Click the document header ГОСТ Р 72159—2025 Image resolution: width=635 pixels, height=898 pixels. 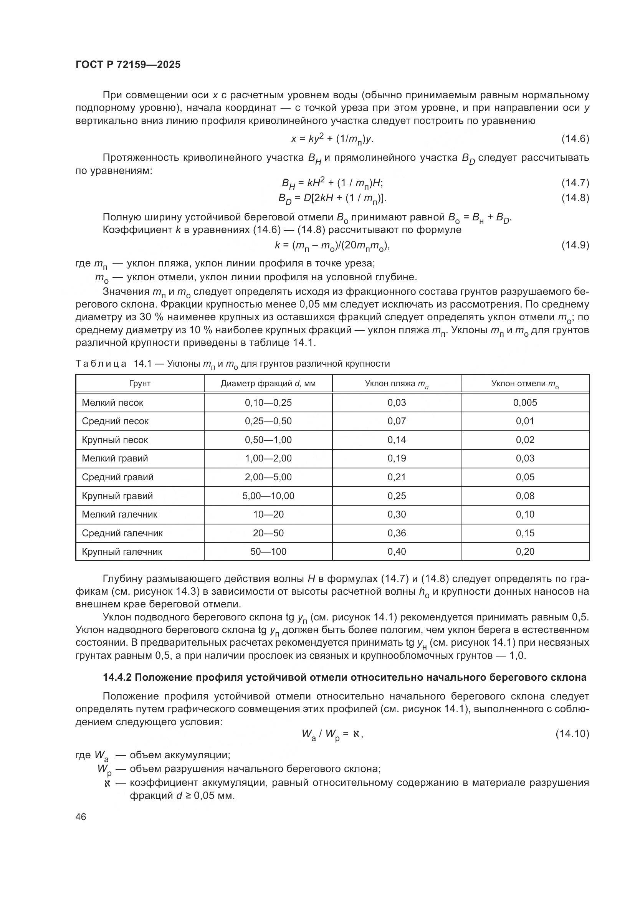click(x=128, y=64)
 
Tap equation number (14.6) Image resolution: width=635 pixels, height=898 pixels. click(x=575, y=139)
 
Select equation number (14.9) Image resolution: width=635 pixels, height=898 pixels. click(x=575, y=245)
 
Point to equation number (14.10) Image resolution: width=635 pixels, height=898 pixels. click(x=572, y=734)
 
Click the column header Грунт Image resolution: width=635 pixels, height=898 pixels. click(x=140, y=384)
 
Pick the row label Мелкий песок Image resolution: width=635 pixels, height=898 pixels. click(x=112, y=402)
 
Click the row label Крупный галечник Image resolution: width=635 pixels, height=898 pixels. click(x=122, y=551)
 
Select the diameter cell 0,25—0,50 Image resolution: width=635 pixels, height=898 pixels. click(x=268, y=421)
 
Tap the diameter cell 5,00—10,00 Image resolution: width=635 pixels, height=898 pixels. click(x=268, y=496)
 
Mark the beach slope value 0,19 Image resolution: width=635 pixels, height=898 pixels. click(x=397, y=458)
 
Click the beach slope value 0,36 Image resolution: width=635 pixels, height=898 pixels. click(x=397, y=533)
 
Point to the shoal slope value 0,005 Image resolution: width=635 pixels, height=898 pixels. click(x=525, y=402)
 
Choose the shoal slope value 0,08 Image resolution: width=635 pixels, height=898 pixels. click(x=525, y=496)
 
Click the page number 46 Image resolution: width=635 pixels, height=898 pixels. click(x=81, y=817)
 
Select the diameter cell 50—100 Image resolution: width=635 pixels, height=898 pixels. click(x=268, y=551)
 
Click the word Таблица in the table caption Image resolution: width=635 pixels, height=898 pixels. click(x=101, y=364)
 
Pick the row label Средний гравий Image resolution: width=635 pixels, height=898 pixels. click(x=117, y=477)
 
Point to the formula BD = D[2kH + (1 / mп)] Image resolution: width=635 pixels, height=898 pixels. click(x=332, y=198)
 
